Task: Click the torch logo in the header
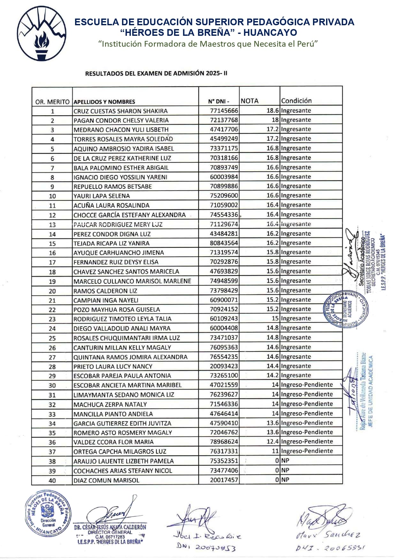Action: [x=42, y=34]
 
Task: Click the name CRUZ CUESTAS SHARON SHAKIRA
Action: [x=120, y=111]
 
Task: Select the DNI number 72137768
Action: [x=224, y=120]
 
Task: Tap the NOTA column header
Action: [x=249, y=101]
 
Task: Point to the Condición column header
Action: [x=296, y=101]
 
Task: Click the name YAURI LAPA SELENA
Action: [x=102, y=196]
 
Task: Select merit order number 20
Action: [x=52, y=291]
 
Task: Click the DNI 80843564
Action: [x=224, y=243]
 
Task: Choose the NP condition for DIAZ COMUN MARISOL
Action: [x=285, y=480]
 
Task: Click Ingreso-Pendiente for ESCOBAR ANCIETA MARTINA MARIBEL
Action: [x=307, y=385]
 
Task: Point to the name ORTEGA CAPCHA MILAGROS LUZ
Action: [x=120, y=452]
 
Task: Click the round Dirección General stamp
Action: [x=48, y=513]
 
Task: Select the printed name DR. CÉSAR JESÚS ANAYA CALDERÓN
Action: [x=110, y=527]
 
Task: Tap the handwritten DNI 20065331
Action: [x=331, y=548]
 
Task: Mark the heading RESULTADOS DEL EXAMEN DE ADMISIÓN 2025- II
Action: [x=156, y=74]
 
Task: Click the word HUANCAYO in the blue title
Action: [x=270, y=33]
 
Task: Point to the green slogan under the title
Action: [x=208, y=44]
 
